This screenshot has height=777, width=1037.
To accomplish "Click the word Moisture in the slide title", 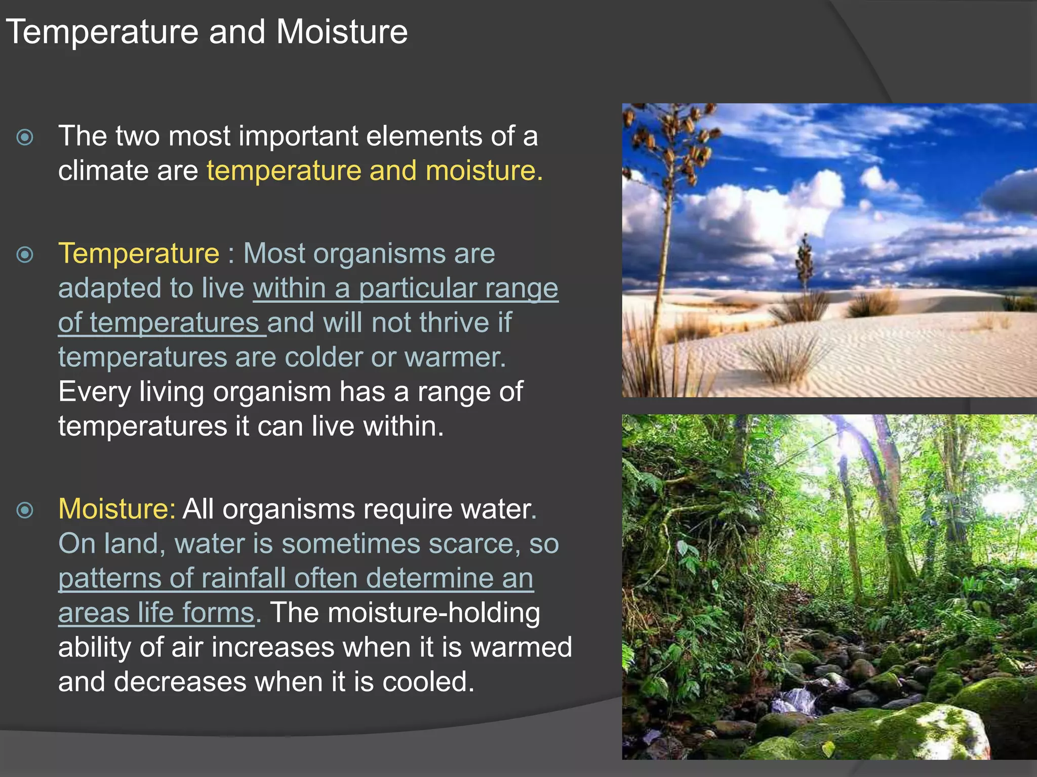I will click(x=342, y=32).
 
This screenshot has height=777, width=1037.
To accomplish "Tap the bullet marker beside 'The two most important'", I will click(x=25, y=137).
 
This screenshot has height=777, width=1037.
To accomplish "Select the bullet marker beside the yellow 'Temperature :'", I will click(x=25, y=254).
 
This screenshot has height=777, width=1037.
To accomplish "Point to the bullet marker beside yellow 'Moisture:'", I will click(x=25, y=510).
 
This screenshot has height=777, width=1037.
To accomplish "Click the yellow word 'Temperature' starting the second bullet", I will click(x=139, y=253).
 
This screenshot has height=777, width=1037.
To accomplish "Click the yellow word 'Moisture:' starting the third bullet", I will click(x=117, y=509).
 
